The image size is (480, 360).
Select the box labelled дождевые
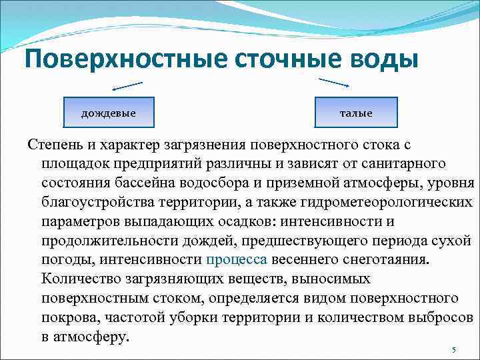tap(108, 113)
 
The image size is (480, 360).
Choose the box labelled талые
tap(356, 113)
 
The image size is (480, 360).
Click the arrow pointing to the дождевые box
tap(127, 86)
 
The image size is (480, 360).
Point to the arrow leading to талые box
tap(334, 82)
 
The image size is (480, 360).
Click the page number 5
tap(453, 350)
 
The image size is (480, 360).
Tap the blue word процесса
tap(237, 259)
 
